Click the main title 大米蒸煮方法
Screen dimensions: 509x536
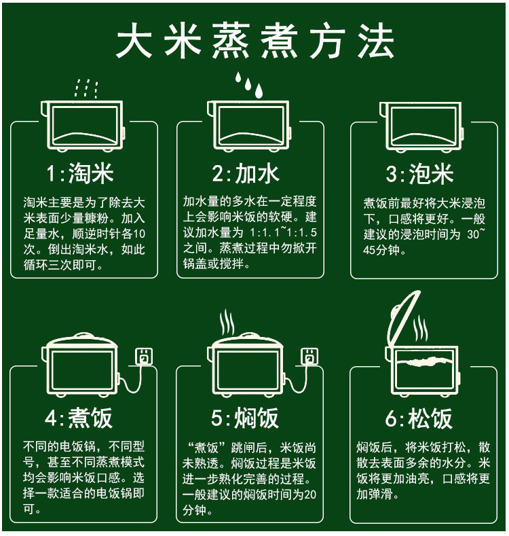[255, 41]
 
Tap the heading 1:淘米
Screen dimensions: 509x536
[80, 173]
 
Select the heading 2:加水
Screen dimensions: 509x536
[246, 173]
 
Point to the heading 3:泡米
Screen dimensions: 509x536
[420, 173]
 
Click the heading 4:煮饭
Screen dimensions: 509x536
[79, 418]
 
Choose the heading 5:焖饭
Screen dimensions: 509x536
[245, 418]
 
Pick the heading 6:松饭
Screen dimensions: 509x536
[419, 418]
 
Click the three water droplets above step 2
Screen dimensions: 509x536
[249, 84]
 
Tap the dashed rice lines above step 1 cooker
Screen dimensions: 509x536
[86, 89]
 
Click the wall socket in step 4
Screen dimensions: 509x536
[144, 357]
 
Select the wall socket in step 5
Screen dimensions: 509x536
[309, 357]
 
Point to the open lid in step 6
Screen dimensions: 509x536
[403, 317]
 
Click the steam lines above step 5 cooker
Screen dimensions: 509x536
[227, 323]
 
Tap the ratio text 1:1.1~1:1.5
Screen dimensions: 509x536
[283, 232]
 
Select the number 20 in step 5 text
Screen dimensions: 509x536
[310, 495]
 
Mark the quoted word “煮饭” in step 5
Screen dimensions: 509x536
[207, 448]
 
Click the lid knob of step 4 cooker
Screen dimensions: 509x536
[82, 336]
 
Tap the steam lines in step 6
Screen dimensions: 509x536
[420, 329]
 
